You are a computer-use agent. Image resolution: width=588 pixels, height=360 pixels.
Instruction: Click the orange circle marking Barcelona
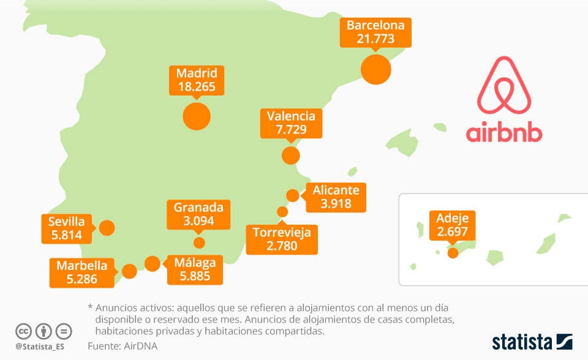click(x=375, y=69)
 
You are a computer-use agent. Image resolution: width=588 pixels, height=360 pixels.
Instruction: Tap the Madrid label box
click(x=197, y=80)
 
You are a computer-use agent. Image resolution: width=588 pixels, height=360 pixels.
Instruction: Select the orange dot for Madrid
click(x=197, y=116)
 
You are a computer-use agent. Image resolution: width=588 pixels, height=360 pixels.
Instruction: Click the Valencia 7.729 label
click(x=291, y=122)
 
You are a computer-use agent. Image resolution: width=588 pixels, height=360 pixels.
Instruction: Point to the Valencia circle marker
click(x=291, y=156)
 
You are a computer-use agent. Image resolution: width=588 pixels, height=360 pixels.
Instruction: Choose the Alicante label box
click(x=336, y=197)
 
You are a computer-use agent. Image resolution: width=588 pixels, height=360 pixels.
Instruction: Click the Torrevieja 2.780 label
click(x=282, y=239)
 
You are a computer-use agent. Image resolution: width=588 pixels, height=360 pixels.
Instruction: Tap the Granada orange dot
click(x=199, y=242)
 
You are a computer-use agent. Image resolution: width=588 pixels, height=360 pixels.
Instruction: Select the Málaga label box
click(x=195, y=269)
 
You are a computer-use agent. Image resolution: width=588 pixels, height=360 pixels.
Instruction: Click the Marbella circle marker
click(x=129, y=271)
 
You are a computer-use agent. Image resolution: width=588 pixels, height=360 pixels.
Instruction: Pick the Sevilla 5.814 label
click(x=66, y=228)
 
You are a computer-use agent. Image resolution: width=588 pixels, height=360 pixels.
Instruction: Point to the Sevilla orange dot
click(x=107, y=228)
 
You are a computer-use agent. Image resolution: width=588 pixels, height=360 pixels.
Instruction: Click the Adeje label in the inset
click(x=453, y=225)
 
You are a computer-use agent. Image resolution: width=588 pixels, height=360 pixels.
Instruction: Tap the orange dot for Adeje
click(x=453, y=252)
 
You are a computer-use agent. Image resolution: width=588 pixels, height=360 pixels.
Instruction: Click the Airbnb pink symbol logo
click(x=503, y=85)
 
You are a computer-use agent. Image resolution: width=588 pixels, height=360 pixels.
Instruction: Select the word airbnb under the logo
click(x=503, y=132)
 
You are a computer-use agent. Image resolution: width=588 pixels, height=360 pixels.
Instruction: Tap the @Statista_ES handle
click(x=40, y=347)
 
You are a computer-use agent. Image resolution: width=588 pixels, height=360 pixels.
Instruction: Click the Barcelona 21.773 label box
click(x=375, y=32)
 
